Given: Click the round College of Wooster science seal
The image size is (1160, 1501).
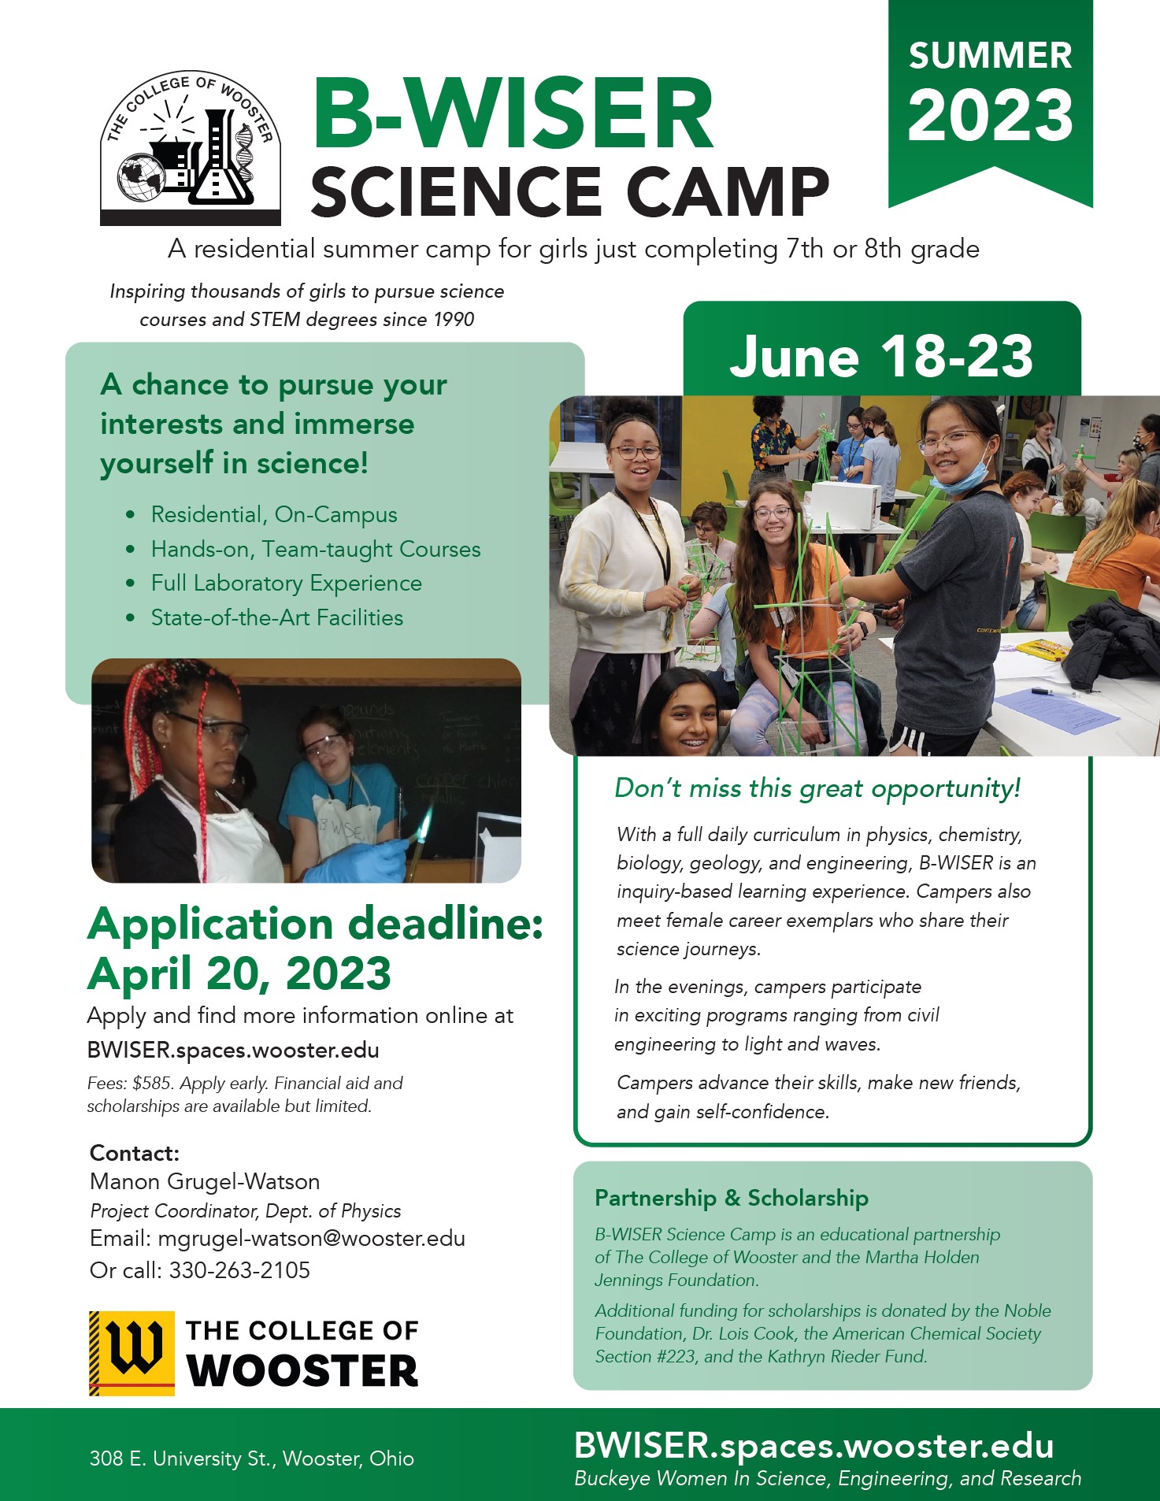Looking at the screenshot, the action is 191,147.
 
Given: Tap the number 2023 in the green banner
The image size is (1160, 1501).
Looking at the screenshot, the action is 990,115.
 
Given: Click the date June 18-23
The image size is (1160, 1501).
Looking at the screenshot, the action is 881,356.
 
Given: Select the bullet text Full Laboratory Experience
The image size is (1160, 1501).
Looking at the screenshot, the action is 287,584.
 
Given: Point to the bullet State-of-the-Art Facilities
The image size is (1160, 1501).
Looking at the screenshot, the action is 277,617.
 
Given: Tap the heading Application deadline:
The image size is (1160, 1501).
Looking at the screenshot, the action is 316,923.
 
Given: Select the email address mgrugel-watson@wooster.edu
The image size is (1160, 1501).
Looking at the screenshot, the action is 312,1239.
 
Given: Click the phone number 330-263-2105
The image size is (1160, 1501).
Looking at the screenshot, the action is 239,1270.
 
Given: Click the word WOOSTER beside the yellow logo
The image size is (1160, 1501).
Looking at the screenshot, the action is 302,1371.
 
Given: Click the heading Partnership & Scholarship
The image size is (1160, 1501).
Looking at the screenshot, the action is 732,1198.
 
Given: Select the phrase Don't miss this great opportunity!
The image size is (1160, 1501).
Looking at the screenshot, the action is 817,788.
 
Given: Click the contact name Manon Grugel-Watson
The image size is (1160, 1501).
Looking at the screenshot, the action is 205,1182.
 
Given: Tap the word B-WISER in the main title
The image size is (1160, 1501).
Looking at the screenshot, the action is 513,113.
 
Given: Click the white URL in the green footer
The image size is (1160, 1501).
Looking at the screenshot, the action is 814,1446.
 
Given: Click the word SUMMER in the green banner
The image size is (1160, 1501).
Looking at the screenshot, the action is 990,56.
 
